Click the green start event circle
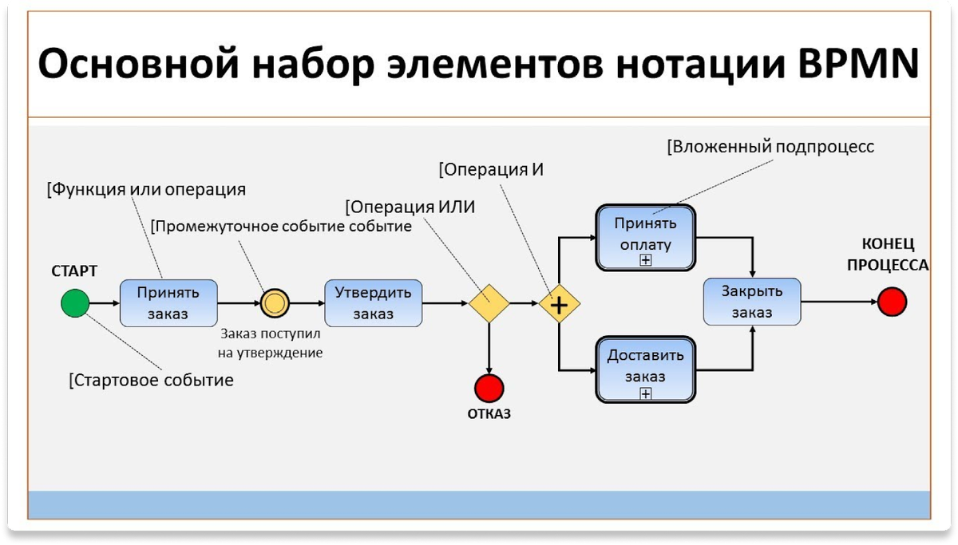coord(75,303)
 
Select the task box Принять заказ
coord(168,303)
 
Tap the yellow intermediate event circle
coord(275,303)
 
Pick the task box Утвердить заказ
coord(373,303)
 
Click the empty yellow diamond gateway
coord(489,303)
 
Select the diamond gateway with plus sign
coord(559,304)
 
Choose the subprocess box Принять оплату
coord(646,236)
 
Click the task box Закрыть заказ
coord(752,302)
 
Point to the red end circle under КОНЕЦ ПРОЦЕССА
coord(892,302)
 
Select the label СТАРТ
coord(74,271)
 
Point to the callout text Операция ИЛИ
coord(410,207)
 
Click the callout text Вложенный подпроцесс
coord(770,147)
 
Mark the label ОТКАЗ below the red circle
coord(489,414)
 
